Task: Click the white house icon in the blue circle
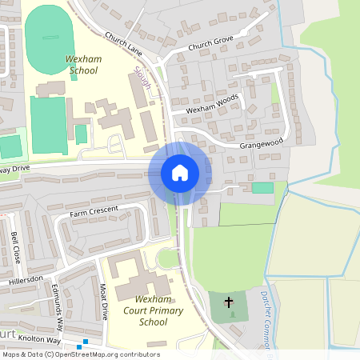click(180, 173)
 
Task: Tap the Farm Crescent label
click(94, 211)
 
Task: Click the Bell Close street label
click(16, 248)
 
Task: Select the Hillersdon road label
click(26, 279)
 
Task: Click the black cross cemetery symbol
click(229, 302)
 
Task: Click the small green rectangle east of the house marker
click(262, 187)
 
